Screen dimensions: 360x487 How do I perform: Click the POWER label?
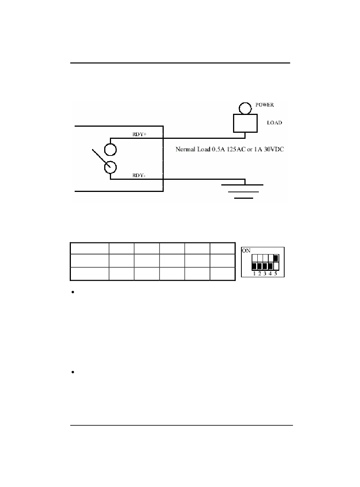point(265,105)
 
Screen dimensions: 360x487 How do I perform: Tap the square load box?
point(245,123)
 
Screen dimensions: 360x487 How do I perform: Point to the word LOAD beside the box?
point(274,123)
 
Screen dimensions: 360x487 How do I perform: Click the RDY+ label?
point(139,134)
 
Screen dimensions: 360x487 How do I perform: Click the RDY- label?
point(139,176)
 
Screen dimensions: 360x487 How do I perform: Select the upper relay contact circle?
point(110,150)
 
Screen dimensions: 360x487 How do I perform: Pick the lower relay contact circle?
point(110,167)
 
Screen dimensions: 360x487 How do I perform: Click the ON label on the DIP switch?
point(246,251)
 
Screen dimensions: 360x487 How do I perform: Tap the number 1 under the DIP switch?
point(254,273)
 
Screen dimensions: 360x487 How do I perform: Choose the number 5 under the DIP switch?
point(275,273)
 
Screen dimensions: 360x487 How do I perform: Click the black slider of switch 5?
point(275,259)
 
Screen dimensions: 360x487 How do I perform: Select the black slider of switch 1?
point(254,266)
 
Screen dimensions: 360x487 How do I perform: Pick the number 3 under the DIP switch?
point(265,273)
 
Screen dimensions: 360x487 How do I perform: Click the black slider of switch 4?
point(270,266)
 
